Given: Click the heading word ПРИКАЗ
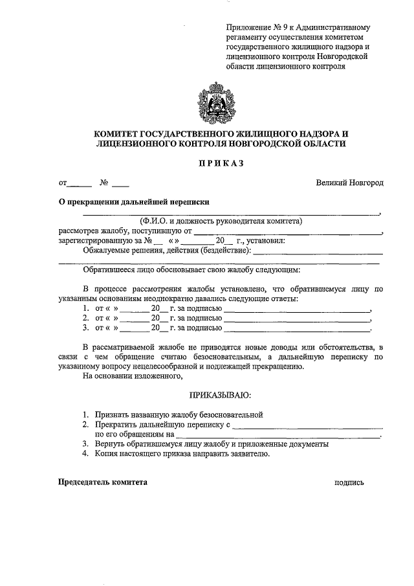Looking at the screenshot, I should click(221, 164).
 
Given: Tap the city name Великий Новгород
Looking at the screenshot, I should click(349, 183).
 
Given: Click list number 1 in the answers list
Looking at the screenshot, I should click(85, 309).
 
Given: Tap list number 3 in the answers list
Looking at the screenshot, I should click(85, 328).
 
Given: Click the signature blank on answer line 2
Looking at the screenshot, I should click(298, 319).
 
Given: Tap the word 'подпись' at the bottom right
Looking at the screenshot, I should click(349, 483).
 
